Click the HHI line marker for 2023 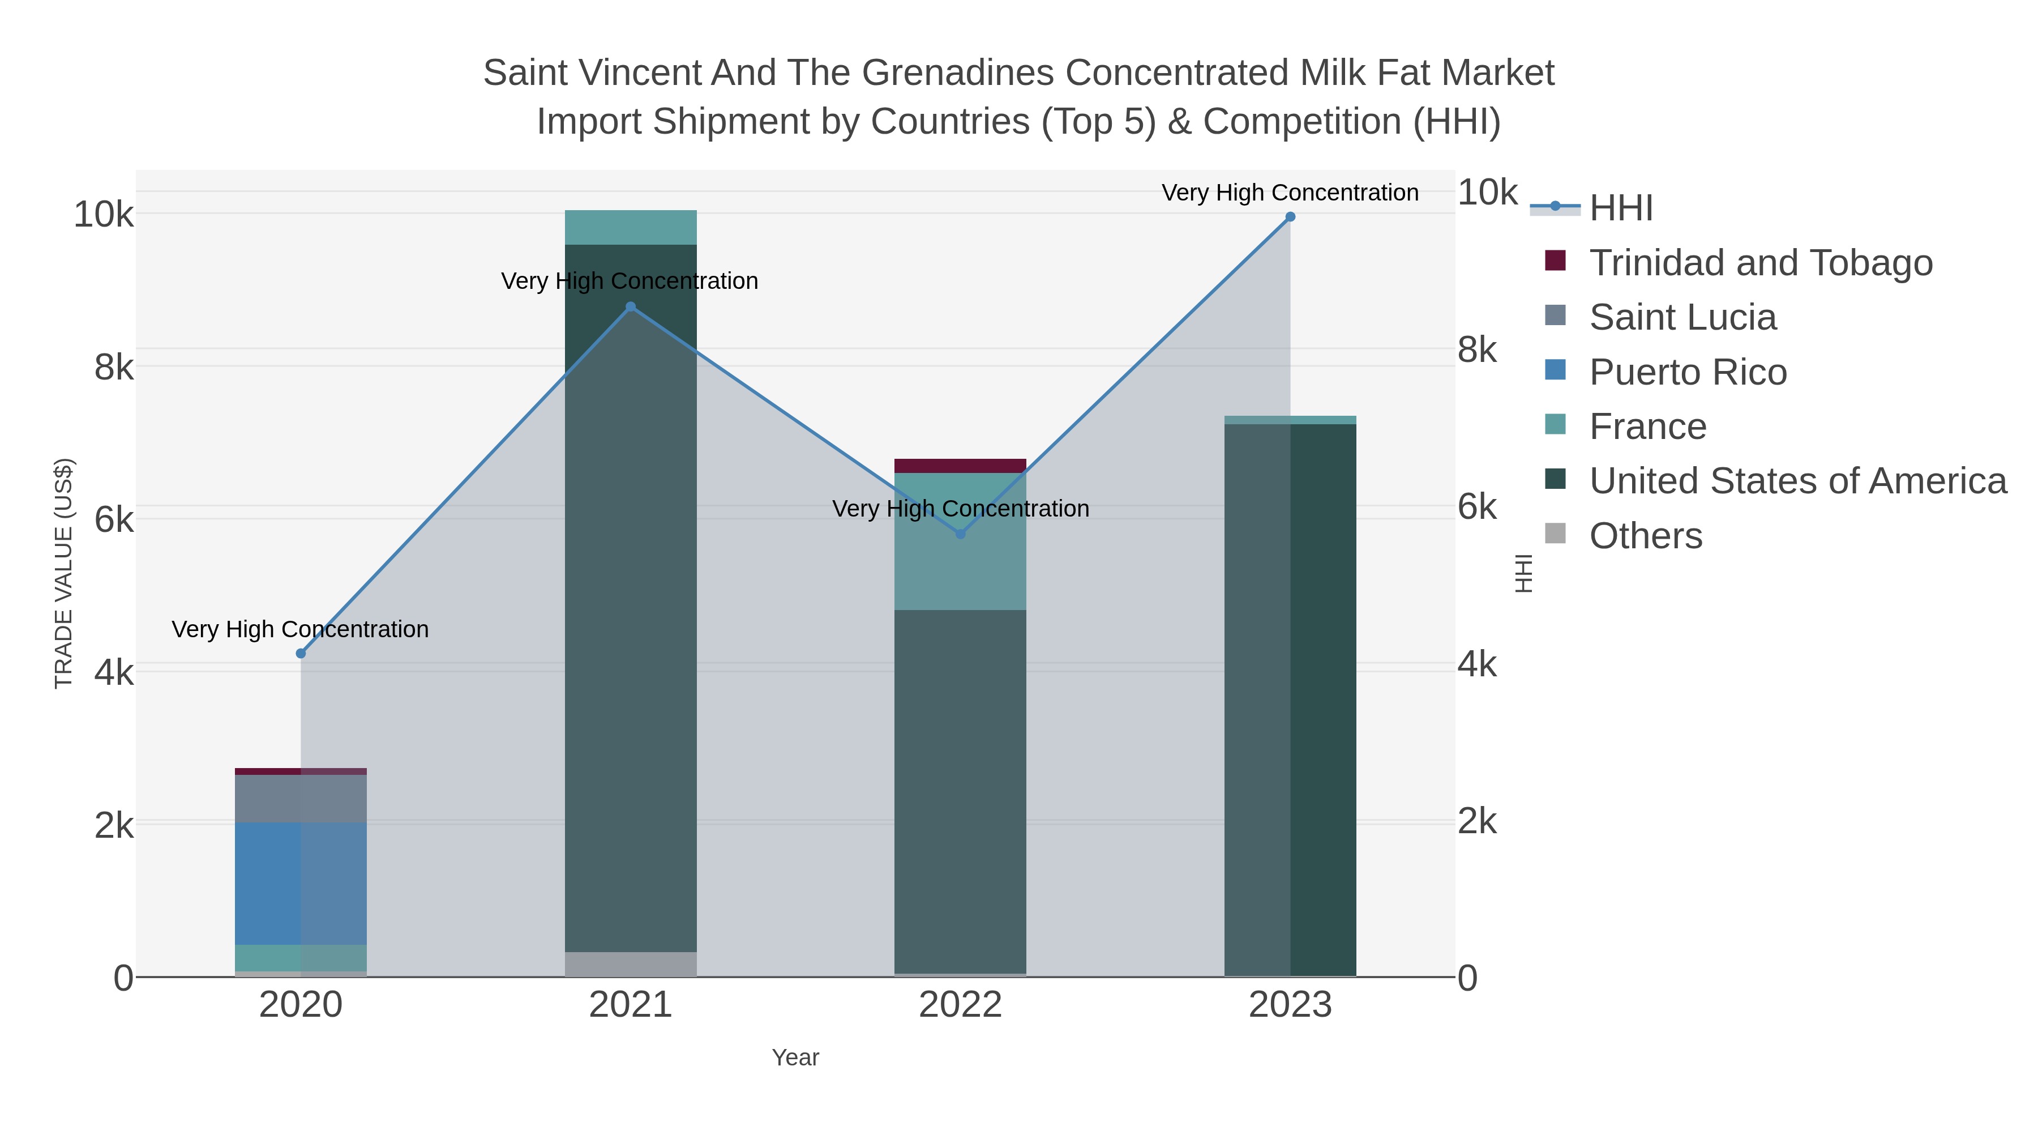(x=1290, y=217)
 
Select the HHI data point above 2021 (x=631, y=307)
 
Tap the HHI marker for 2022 (x=961, y=534)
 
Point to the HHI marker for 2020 (x=301, y=654)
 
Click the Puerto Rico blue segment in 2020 (x=301, y=884)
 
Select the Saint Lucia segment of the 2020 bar (x=301, y=799)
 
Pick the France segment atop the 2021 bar (x=631, y=228)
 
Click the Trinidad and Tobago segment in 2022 (x=961, y=466)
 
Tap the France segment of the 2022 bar (x=961, y=554)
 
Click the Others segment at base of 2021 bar (x=631, y=964)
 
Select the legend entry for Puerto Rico (x=1688, y=372)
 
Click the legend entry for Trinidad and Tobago (x=1760, y=263)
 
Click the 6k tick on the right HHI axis (x=1477, y=508)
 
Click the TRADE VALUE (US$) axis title (x=64, y=573)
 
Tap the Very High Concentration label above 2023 (x=1290, y=193)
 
